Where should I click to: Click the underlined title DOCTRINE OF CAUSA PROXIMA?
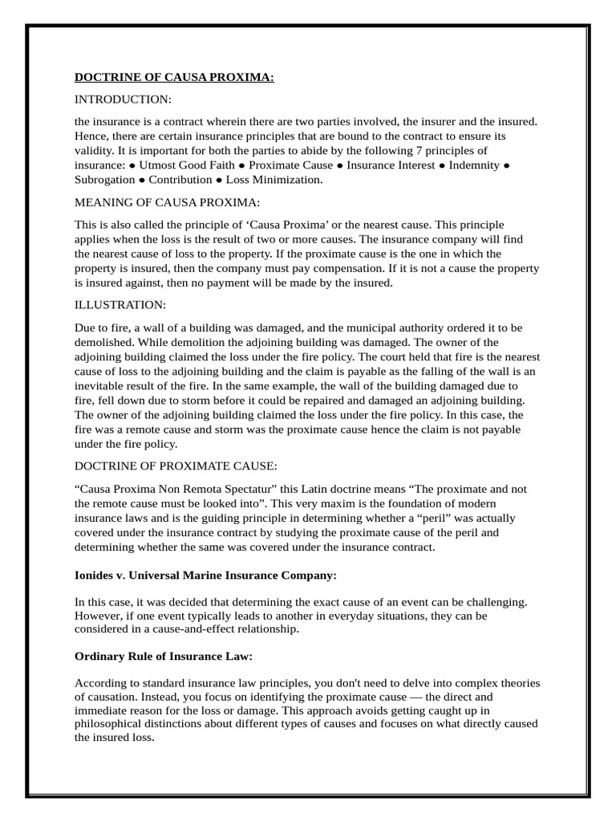coord(174,77)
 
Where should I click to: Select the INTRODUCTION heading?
coord(123,99)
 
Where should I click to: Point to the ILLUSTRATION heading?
coord(120,305)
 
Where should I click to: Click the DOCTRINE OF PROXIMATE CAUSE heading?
coord(176,466)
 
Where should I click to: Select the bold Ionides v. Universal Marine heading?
coord(205,576)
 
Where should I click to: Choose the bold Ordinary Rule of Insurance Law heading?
coord(164,657)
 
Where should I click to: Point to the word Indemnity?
coord(473,165)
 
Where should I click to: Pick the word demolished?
coord(104,342)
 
